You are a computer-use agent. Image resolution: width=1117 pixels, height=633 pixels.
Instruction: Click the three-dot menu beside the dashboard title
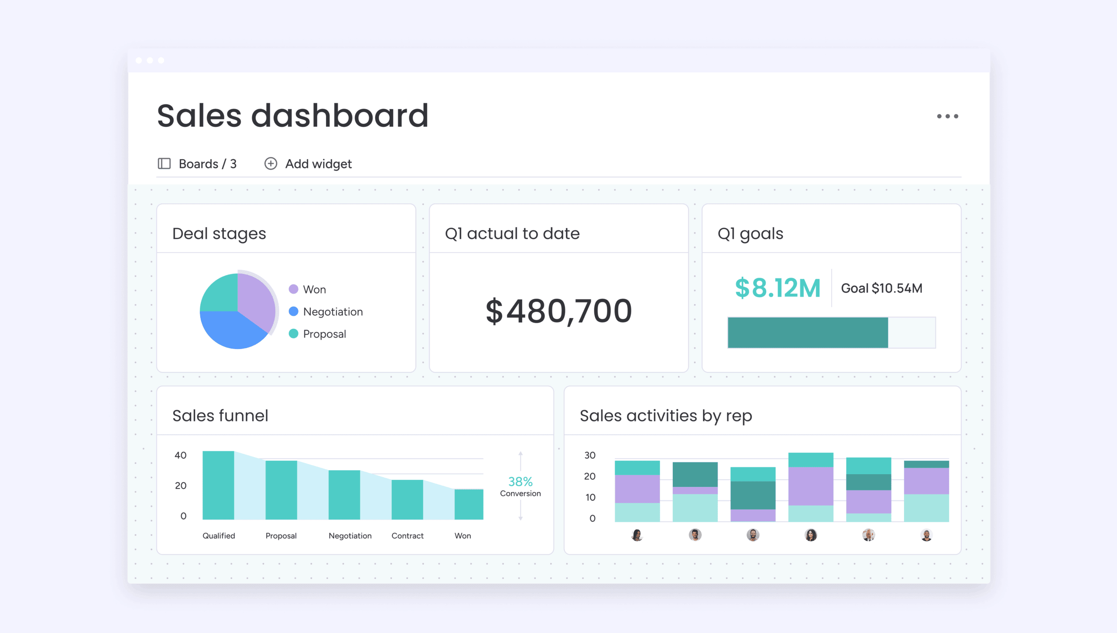[x=947, y=116]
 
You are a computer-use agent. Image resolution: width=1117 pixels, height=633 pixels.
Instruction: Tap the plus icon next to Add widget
[x=271, y=164]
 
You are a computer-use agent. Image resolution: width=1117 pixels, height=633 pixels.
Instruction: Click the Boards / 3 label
[x=207, y=164]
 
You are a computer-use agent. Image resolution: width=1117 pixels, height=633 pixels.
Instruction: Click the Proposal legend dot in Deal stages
[x=294, y=334]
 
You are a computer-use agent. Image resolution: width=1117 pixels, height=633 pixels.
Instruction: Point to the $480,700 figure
[x=558, y=311]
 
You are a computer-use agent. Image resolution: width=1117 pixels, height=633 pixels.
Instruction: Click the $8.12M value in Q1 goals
[x=778, y=288]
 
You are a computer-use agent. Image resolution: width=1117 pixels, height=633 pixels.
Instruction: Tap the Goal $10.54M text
[x=881, y=288]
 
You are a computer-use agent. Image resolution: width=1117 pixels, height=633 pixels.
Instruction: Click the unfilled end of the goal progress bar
[x=911, y=332]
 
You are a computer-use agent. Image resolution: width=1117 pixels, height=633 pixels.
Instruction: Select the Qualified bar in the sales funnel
[x=218, y=485]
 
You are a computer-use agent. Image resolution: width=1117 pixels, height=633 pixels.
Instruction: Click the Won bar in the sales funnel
[x=469, y=504]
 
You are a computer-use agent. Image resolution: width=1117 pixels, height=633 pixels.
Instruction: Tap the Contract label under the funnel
[x=407, y=536]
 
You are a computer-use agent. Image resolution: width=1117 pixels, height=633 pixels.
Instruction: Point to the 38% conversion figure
[x=520, y=482]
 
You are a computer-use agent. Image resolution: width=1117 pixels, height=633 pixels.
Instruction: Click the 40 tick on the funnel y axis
[x=180, y=455]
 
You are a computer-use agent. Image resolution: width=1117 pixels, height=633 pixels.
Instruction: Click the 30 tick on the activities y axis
[x=590, y=455]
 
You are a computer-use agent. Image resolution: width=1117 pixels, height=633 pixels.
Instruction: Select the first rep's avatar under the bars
[x=637, y=535]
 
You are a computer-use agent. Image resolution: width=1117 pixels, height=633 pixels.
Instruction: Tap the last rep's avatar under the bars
[x=926, y=535]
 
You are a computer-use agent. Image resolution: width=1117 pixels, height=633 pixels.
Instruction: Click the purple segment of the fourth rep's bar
[x=811, y=486]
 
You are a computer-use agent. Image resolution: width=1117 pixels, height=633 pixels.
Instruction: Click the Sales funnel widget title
[x=220, y=416]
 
